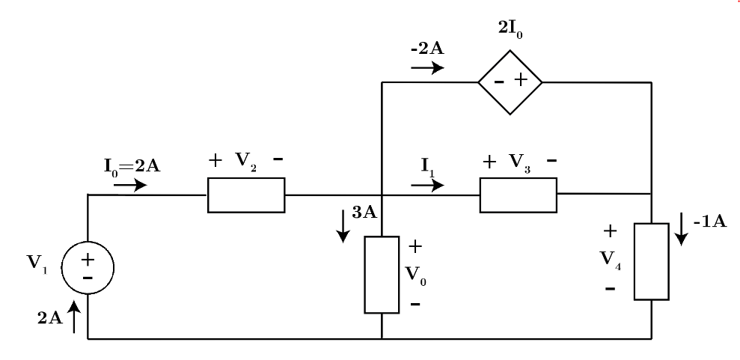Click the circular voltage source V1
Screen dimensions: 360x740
tap(88, 267)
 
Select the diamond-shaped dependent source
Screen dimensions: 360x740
tap(510, 82)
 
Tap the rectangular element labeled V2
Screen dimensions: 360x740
tap(245, 195)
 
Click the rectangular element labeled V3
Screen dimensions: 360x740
tap(518, 195)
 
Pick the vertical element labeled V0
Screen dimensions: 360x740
tap(382, 275)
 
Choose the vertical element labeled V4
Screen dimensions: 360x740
tap(652, 261)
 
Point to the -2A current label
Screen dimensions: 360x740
tap(427, 50)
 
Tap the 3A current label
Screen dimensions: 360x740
tap(364, 211)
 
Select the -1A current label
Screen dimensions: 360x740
tap(707, 225)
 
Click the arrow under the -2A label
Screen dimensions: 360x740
tap(427, 67)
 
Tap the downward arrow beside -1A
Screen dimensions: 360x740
tap(682, 228)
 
